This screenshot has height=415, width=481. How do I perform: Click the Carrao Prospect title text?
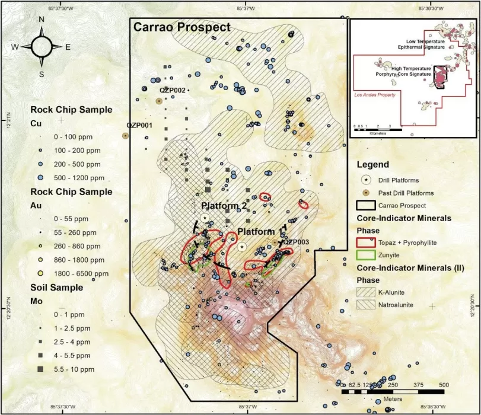[181, 27]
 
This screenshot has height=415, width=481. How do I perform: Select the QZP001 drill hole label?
[139, 126]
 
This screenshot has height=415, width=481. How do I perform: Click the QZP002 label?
[173, 90]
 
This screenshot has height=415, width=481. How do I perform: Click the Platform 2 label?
[224, 205]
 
